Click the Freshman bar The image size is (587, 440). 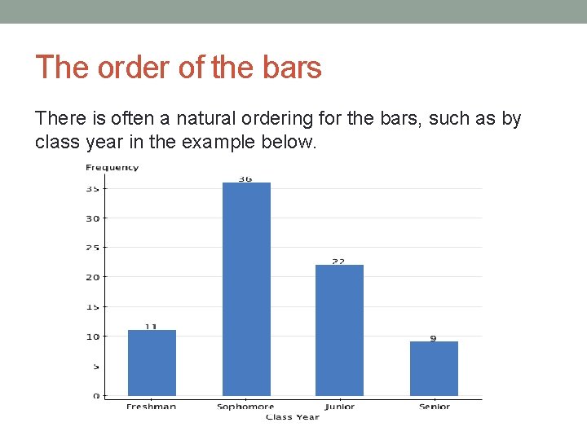point(152,363)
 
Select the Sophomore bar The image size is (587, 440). point(246,289)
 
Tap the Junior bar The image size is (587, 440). point(339,330)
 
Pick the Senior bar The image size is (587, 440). point(434,368)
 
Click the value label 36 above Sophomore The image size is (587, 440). point(245,178)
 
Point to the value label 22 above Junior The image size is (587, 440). point(338,262)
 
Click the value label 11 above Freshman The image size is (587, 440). point(151,327)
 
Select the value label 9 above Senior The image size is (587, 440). point(433,338)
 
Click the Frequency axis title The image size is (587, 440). point(112,168)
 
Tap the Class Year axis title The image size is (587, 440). point(292,417)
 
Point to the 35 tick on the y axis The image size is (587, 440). point(93,189)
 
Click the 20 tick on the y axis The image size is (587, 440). point(93,277)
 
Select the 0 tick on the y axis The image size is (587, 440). point(95,396)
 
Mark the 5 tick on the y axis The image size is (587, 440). point(95,367)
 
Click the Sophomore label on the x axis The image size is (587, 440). point(245,407)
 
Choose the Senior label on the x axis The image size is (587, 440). point(434,407)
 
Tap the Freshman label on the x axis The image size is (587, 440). point(151,407)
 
